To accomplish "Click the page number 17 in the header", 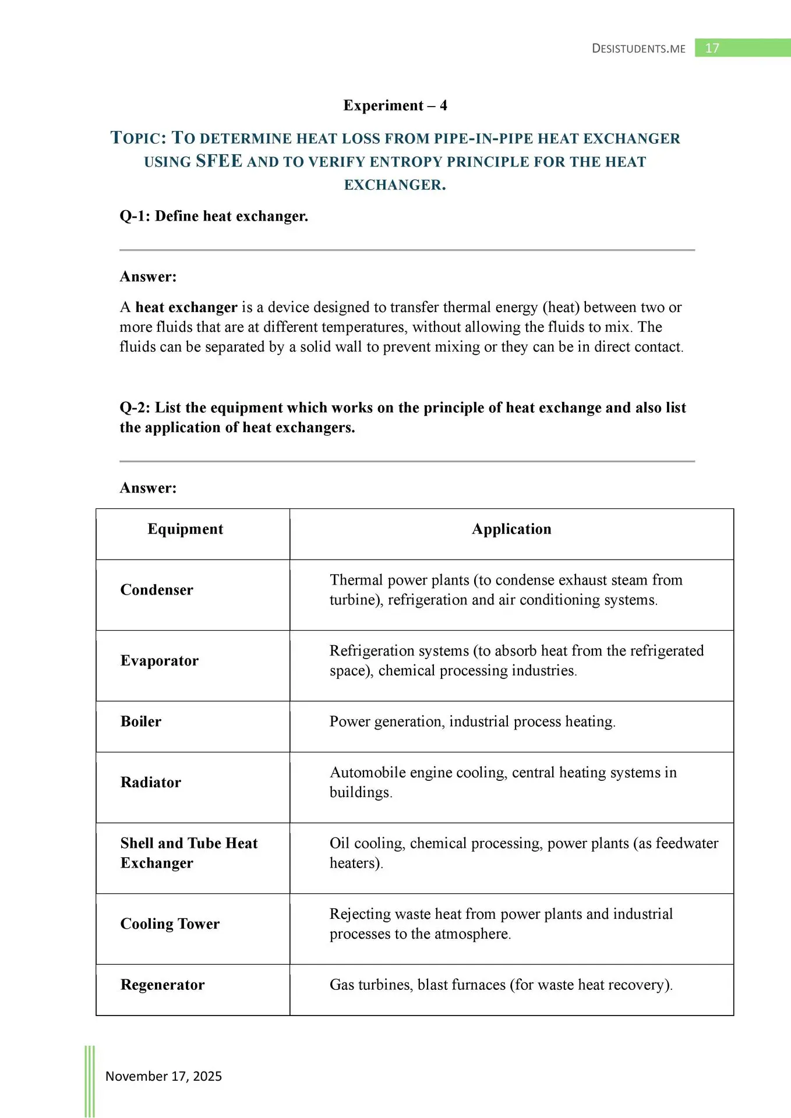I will point(712,48).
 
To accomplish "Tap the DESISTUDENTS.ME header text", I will point(638,49).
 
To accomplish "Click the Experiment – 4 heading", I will point(395,105).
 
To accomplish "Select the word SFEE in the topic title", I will point(219,161).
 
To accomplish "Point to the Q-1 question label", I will point(135,216).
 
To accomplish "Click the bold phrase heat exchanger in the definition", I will point(186,307).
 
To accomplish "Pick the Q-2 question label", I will point(135,408).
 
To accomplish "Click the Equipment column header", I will point(185,529).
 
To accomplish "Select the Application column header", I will point(511,529).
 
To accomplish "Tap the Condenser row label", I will point(157,590).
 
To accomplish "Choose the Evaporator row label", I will point(160,660).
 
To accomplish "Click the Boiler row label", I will point(141,721).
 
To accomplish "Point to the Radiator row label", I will point(151,782).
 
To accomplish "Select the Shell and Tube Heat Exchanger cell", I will point(189,853).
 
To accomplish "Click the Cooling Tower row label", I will point(170,924).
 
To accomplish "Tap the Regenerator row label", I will point(163,985).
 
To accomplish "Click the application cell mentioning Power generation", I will point(472,721).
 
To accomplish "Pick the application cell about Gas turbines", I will point(501,985).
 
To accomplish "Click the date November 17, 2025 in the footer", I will point(164,1076).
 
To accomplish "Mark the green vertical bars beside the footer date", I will point(90,1081).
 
